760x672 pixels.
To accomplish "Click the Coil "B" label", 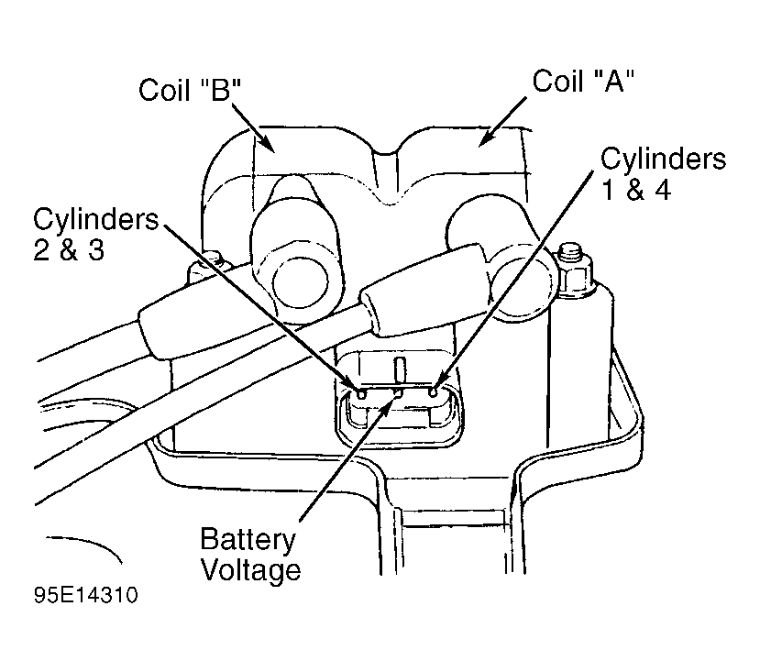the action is tap(190, 89).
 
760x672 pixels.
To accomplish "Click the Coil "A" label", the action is tap(584, 81).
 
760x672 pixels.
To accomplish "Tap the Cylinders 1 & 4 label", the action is tap(663, 174).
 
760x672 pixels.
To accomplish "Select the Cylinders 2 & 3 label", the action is tap(96, 234).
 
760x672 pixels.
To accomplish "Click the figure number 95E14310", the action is tap(86, 595).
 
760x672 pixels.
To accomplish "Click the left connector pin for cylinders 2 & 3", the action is tap(361, 393).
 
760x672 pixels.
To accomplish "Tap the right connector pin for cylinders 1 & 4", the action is tap(434, 391).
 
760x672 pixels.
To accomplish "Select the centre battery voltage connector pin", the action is tap(398, 393).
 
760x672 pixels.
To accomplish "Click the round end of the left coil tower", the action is tap(301, 282).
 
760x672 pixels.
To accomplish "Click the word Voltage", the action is tap(250, 569).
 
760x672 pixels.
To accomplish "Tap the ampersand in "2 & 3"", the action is tap(70, 250).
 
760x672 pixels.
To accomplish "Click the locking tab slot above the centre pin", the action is tap(401, 370).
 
